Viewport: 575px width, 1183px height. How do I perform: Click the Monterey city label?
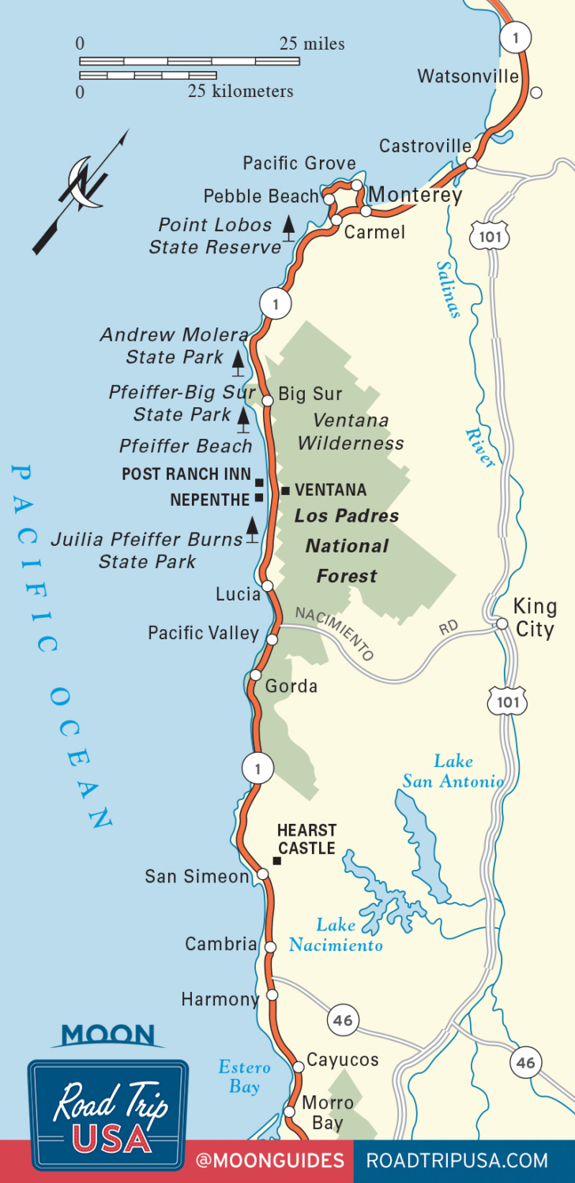415,194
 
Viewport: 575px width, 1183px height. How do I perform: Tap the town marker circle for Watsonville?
536,92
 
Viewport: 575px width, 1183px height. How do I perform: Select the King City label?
535,618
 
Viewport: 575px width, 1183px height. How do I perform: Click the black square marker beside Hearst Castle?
276,861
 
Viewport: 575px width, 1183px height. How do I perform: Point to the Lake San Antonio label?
453,771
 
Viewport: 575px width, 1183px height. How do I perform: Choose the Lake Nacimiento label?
336,934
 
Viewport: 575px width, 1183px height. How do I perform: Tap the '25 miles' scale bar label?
312,43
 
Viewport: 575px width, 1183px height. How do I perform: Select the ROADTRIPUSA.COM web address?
457,1160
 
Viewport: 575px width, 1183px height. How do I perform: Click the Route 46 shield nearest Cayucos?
342,1020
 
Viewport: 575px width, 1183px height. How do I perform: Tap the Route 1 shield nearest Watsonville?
517,37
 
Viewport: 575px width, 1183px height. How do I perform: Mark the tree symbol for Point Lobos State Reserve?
290,227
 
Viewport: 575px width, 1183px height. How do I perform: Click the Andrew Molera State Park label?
174,346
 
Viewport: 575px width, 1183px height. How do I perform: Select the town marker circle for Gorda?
255,675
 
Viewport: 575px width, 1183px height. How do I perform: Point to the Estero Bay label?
244,1077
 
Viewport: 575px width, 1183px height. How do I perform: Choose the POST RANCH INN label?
186,474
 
